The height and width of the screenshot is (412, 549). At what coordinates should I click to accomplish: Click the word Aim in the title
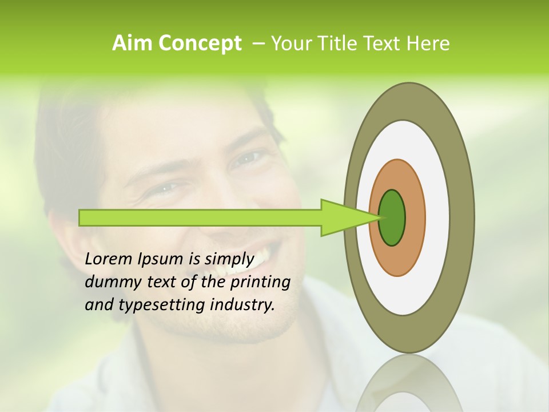point(133,43)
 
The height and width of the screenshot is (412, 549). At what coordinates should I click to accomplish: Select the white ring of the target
point(437,217)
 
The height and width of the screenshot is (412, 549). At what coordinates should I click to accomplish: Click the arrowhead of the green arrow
point(343,217)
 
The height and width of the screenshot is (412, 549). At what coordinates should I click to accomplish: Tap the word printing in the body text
point(260,283)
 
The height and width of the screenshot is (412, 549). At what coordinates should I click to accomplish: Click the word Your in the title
point(291,43)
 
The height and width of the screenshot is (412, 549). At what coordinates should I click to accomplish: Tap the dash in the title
point(258,43)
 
